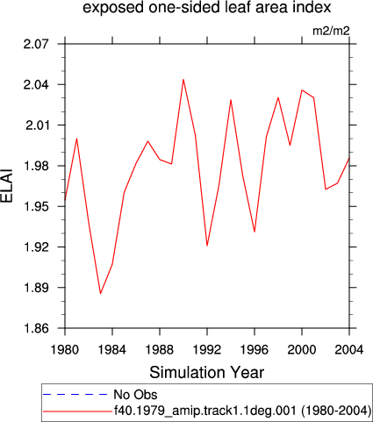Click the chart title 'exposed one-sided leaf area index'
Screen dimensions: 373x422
[x=207, y=7]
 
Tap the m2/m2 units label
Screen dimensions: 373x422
[x=331, y=31]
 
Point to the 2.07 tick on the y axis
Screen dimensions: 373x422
[x=36, y=44]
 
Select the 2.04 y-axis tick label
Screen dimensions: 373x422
[x=36, y=85]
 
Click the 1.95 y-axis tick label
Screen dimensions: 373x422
[x=36, y=206]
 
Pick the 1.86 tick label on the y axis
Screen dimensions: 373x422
[x=36, y=328]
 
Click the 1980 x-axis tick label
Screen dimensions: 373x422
[x=65, y=349]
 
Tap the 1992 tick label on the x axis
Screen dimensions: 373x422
[x=207, y=349]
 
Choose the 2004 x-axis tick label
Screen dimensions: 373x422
[x=349, y=349]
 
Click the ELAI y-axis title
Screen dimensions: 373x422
[x=7, y=185]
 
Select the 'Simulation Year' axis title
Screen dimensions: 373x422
[x=207, y=373]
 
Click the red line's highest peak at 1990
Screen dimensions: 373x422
[x=183, y=79]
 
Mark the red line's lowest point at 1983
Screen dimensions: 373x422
[x=100, y=293]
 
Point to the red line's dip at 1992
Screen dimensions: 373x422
[x=207, y=246]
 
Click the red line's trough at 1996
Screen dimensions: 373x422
[x=255, y=232]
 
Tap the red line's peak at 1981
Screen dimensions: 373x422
[x=76, y=139]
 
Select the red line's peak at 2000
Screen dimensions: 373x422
[x=302, y=90]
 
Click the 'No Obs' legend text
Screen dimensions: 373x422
[x=135, y=395]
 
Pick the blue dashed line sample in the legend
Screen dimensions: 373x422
[x=75, y=395]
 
